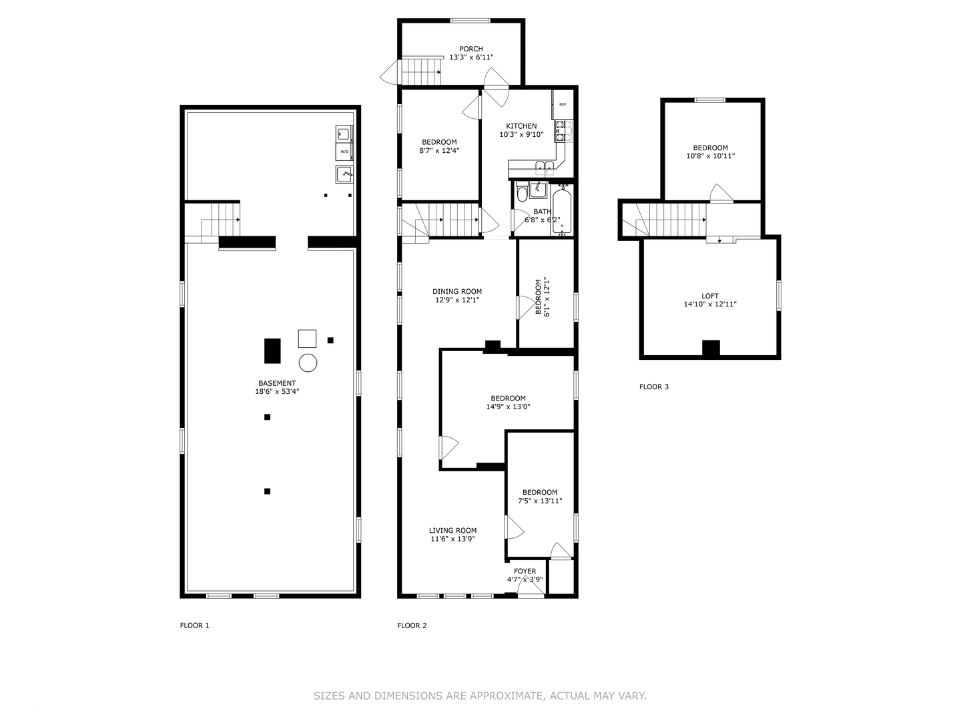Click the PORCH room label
coord(470,49)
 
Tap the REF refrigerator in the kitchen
coord(563,105)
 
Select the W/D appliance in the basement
coord(344,152)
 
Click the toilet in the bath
coord(522,192)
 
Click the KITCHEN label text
coord(521,126)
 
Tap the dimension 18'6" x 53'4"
coord(276,392)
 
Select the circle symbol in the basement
coord(308,363)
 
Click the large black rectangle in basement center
coord(272,350)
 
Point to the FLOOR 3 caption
coord(653,387)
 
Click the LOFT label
coord(710,296)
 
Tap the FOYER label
coord(525,571)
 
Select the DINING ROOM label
coord(457,291)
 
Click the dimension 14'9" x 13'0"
coord(508,407)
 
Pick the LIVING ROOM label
coord(452,531)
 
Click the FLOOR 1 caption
coord(194,626)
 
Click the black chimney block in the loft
coord(711,348)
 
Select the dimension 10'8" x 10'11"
coord(710,156)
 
